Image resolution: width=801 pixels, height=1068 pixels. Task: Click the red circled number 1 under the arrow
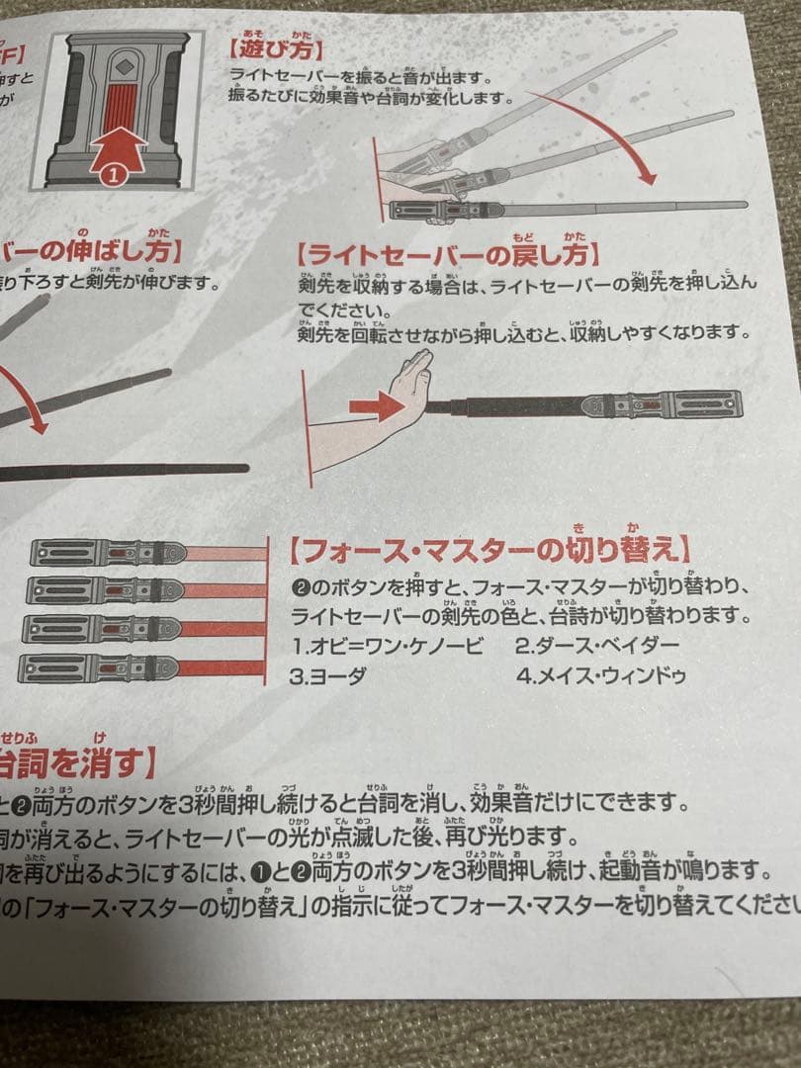(x=112, y=174)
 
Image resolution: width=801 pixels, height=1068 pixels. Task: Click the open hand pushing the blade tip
(x=410, y=386)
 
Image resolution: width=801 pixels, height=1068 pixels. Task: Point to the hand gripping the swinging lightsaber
(x=415, y=158)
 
